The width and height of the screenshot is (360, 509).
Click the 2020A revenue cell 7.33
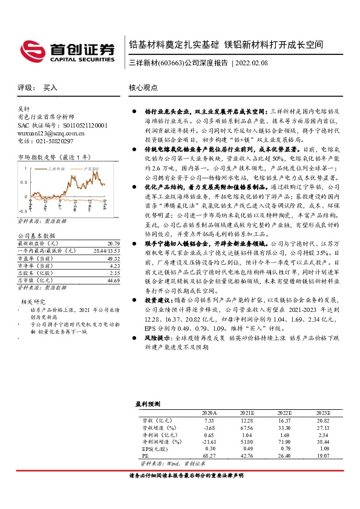209,420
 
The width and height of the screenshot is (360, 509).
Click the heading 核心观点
142,88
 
